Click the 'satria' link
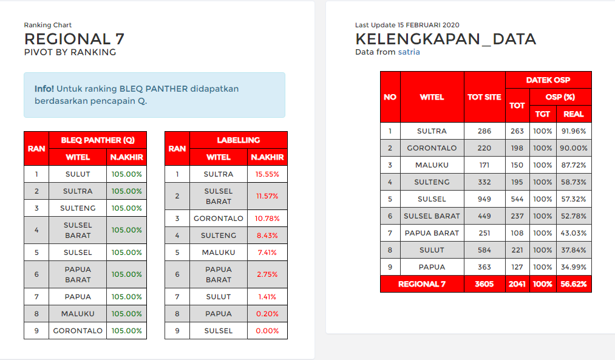click(x=409, y=52)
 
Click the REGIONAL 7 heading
click(x=74, y=39)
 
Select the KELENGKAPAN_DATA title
click(x=446, y=39)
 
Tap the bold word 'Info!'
click(x=44, y=89)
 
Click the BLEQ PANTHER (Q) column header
click(x=98, y=140)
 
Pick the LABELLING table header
click(x=239, y=140)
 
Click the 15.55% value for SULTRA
click(x=267, y=174)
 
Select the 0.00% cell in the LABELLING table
click(x=267, y=331)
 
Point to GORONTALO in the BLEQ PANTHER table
click(x=78, y=331)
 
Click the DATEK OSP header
click(x=548, y=80)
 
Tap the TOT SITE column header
click(x=484, y=97)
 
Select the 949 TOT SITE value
click(x=484, y=199)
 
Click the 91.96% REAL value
click(x=574, y=131)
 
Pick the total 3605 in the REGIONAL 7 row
click(x=484, y=284)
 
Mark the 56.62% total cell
click(x=574, y=284)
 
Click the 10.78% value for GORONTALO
click(x=267, y=219)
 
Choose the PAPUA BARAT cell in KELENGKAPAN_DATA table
click(x=432, y=233)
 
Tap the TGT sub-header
click(x=542, y=114)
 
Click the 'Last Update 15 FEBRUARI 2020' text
click(x=407, y=25)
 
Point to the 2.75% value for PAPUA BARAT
click(x=267, y=274)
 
